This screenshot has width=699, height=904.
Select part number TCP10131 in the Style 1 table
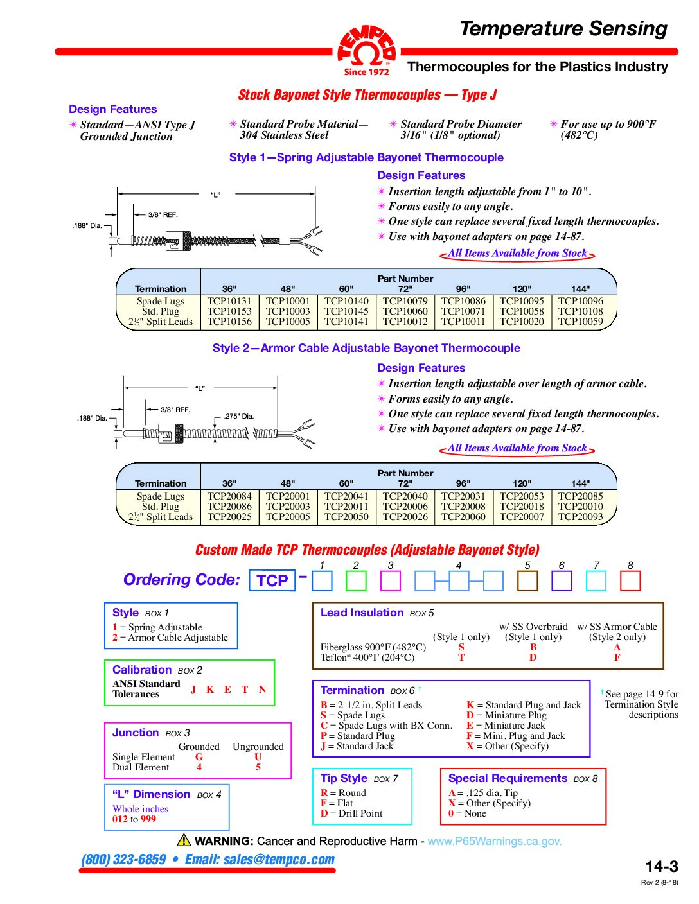coord(229,301)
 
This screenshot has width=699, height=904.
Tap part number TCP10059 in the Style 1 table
coord(580,322)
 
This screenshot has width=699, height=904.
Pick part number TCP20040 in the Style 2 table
coord(405,496)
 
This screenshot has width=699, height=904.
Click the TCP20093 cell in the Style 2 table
coord(580,517)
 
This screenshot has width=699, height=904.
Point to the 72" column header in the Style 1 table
coord(405,289)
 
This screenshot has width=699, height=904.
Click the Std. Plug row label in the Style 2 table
coord(161,507)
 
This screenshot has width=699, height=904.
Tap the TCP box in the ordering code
coord(272,580)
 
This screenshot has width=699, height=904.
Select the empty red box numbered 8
coord(630,581)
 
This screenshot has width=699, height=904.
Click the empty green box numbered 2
coord(356,581)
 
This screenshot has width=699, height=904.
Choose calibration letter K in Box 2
coord(210,690)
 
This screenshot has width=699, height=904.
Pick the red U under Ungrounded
coord(258,757)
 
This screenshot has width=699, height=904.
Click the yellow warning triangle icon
coord(184,840)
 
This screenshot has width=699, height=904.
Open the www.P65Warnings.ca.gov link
coord(494,841)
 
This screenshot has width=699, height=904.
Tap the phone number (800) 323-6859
coord(123,860)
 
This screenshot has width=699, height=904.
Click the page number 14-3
coord(661,867)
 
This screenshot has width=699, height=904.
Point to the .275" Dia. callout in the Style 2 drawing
coord(239,417)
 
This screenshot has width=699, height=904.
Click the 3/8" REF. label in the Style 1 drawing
coord(163,215)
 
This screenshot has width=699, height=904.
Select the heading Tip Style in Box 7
coord(344,778)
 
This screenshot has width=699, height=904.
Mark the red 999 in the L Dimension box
coord(148,819)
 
